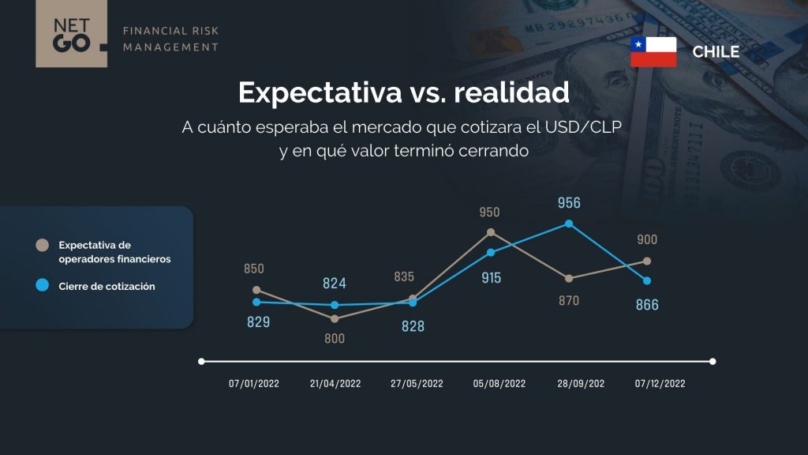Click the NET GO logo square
71,33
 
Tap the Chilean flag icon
653,51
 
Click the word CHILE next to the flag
716,51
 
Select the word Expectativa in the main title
320,93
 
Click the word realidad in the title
511,92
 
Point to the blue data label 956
569,203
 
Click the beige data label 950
489,212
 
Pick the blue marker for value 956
569,224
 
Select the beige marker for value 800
335,319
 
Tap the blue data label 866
647,305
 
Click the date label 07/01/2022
254,384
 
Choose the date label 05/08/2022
499,384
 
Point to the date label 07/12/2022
660,384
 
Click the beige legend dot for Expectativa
43,245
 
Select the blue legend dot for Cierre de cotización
43,284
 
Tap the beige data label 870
569,300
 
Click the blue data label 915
491,278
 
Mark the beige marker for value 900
647,261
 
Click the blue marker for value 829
256,302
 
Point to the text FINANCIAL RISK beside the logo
170,31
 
